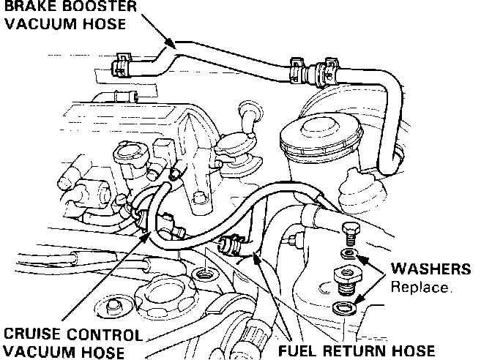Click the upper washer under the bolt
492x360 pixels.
tap(350, 254)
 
